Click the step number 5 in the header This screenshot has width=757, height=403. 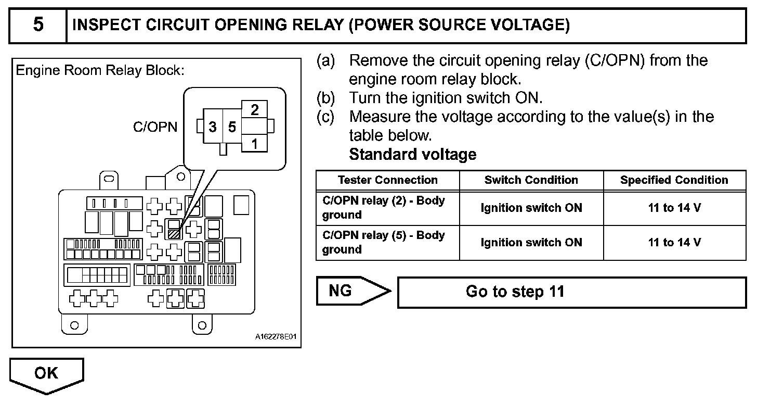tap(38, 24)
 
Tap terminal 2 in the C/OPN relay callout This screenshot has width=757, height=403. tap(254, 109)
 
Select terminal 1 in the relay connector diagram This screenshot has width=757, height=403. tap(254, 144)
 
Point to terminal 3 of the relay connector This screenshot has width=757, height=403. tap(213, 127)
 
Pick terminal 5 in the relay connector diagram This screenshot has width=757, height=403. tap(232, 127)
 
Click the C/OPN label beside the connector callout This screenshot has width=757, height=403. tap(155, 127)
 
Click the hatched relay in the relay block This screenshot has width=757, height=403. tap(174, 234)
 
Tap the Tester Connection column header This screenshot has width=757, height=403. tap(388, 180)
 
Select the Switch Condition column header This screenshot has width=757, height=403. tap(531, 180)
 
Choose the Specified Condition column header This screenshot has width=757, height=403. tap(674, 180)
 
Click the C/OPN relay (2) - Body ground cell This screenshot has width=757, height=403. tap(388, 208)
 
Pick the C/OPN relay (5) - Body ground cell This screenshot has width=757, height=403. tap(388, 242)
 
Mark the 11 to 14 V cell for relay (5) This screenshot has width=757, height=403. tap(674, 242)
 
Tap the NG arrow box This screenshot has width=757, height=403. tap(353, 291)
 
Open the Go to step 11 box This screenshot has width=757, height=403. tap(571, 292)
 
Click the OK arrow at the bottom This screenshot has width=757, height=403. tap(47, 375)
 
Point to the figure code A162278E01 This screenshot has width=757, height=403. tap(276, 337)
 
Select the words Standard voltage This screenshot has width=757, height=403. tap(413, 154)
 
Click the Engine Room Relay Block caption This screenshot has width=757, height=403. tap(100, 70)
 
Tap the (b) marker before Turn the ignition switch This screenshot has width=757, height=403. tap(325, 98)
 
